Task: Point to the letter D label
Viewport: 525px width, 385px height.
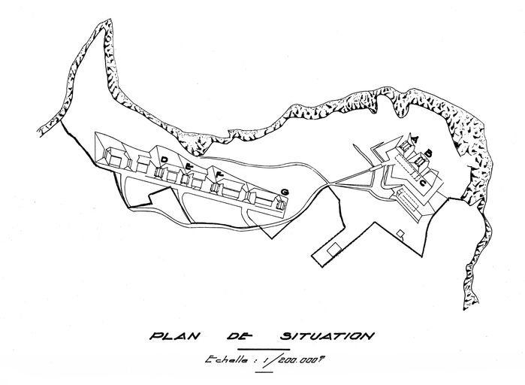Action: (x=164, y=158)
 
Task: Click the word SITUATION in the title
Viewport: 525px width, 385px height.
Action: (x=320, y=335)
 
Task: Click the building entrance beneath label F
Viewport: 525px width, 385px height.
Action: (x=221, y=188)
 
